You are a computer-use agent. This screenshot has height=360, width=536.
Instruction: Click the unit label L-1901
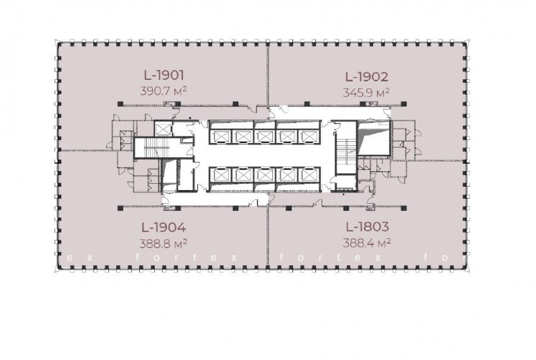coord(164,75)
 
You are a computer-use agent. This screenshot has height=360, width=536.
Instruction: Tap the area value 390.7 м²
coord(163,91)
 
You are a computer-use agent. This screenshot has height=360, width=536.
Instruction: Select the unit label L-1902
coord(367,77)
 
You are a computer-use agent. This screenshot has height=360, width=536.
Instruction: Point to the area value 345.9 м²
coord(366,93)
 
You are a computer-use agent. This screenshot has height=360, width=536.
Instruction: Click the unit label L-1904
coord(164,227)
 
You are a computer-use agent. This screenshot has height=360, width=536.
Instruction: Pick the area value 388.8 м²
coord(163,243)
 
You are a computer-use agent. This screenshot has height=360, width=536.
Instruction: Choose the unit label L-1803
coord(367,226)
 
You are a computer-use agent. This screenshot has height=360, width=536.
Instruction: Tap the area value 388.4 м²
coord(367,243)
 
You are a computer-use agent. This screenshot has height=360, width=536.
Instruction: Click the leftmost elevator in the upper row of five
coord(220,136)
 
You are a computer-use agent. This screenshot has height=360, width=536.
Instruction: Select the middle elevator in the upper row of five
coord(264,136)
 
